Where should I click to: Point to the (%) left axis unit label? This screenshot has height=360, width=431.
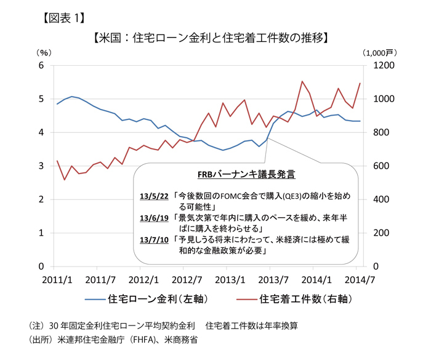coord(44,54)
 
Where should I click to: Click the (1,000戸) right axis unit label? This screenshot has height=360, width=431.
coord(382,54)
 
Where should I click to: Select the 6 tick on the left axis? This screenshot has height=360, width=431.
coord(41,65)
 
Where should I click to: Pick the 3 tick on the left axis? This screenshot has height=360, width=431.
coord(41,166)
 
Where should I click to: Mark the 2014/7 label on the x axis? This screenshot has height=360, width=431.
coord(358,278)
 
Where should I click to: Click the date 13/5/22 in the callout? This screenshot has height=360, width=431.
coord(154,196)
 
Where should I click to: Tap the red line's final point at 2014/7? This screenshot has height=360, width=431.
coord(360,83)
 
